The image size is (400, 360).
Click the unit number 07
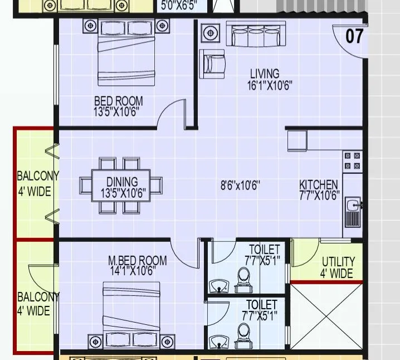[x=354, y=36]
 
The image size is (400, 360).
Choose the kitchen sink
[x=352, y=212]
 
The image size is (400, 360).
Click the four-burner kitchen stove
[x=352, y=161]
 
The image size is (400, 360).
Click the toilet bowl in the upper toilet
[x=243, y=278]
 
